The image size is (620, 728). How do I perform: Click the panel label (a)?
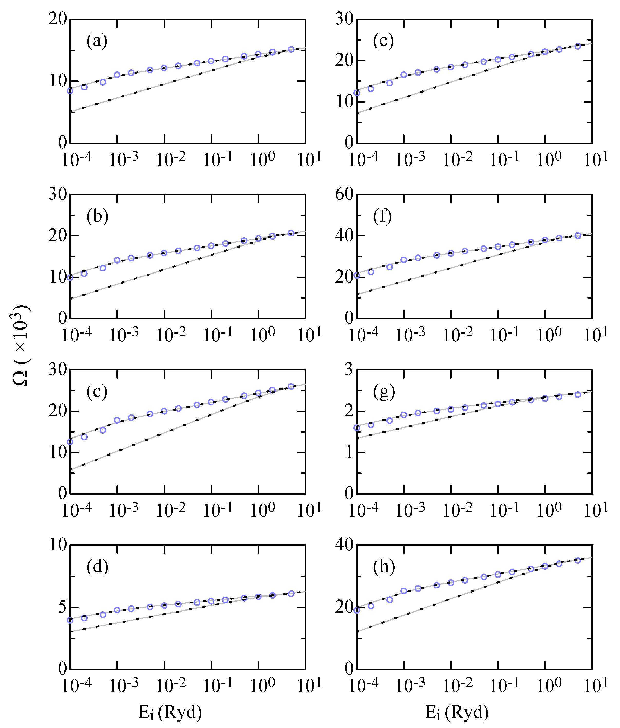pos(97,41)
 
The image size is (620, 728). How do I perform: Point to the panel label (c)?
pos(97,392)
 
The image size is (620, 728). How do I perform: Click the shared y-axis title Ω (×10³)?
pos(20,345)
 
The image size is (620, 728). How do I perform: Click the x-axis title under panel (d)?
pos(170,713)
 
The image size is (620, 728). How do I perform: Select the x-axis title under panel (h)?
pos(457,713)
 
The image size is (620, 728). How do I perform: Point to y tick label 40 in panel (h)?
pos(344,545)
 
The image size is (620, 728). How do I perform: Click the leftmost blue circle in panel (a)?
pos(70,91)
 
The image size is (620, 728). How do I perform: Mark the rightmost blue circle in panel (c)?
pos(291,386)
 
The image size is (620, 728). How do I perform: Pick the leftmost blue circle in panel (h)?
pos(357,610)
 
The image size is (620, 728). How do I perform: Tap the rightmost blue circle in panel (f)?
pos(578,235)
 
